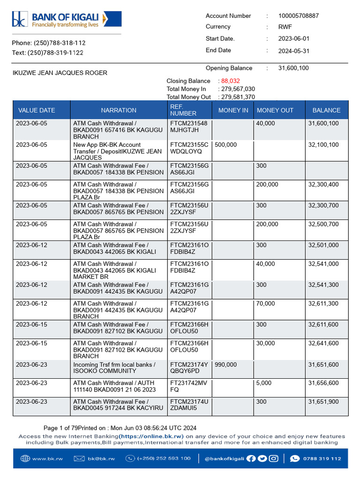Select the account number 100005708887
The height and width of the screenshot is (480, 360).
coord(299,16)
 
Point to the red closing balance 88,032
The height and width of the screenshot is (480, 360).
coord(230,81)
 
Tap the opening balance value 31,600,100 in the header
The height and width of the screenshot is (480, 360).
coord(293,68)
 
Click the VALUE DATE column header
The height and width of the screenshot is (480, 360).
coord(37,111)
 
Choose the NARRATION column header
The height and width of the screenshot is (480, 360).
coord(119,111)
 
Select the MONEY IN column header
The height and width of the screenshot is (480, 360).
coord(233,111)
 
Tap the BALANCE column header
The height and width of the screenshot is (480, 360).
coord(326,111)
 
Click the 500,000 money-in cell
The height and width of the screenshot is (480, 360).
coord(226,145)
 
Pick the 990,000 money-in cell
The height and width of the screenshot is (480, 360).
coord(226,365)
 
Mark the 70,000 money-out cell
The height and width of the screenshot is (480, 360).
coord(266,304)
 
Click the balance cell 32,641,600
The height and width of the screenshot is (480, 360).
coord(323,344)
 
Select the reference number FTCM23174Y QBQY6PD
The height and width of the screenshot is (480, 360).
coord(189,368)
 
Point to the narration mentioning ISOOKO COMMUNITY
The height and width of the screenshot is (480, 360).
coord(114,368)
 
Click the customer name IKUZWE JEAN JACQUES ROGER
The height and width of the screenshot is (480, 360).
coord(60,73)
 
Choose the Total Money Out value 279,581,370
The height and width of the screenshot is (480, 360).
coord(238,97)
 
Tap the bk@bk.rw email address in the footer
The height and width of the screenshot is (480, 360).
coord(101,458)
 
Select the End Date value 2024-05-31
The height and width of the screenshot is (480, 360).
coord(294,51)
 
